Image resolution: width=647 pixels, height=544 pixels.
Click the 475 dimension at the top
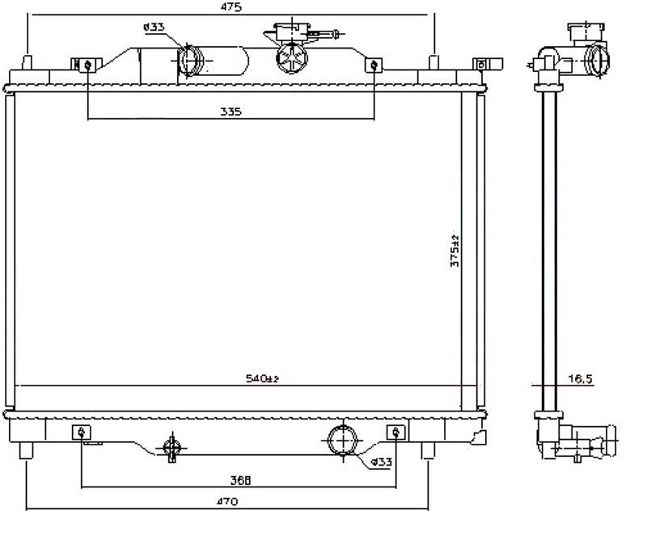click(x=232, y=6)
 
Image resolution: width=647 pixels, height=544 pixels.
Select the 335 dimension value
click(x=230, y=112)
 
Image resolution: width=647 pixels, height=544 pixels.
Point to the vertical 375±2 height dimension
click(x=455, y=251)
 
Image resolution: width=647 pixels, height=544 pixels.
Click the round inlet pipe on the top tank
click(x=191, y=60)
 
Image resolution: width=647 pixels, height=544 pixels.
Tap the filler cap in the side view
click(x=586, y=32)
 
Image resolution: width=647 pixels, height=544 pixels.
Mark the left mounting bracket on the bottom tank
click(x=82, y=432)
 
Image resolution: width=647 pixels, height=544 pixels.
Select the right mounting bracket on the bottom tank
click(x=395, y=432)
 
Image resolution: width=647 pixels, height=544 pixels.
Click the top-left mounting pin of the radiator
click(x=27, y=62)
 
